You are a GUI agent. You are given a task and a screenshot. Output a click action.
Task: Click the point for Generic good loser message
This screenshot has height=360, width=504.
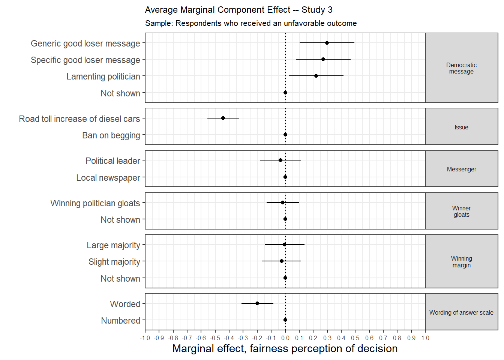click(x=327, y=43)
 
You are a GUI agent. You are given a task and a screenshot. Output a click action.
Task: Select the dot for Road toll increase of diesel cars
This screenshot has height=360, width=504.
click(x=223, y=118)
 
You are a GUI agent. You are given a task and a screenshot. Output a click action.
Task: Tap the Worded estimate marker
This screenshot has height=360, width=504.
click(x=257, y=303)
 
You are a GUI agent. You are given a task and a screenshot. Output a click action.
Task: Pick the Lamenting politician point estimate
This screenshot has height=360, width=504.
click(x=316, y=76)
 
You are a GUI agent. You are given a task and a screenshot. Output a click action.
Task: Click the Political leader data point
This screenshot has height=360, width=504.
click(x=280, y=160)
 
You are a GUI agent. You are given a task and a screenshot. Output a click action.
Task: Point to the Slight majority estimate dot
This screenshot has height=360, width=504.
click(x=282, y=261)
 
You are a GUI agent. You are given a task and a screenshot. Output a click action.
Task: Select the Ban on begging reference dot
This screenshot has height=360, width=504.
click(x=285, y=135)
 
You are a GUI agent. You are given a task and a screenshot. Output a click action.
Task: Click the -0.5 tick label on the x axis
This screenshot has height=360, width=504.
click(x=215, y=338)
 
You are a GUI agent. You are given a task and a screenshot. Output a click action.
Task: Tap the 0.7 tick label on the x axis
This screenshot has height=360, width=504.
click(x=383, y=338)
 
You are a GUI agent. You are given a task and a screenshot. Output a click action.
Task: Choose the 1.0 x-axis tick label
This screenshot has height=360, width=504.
click(x=425, y=338)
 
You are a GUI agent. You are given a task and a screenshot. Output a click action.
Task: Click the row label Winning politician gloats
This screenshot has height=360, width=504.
click(x=95, y=203)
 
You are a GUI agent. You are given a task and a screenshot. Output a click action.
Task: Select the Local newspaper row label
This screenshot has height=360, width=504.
click(x=108, y=178)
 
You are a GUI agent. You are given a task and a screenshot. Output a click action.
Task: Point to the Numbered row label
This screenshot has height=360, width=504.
click(x=121, y=320)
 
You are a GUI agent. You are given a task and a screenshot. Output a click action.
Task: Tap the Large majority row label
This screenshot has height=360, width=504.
click(x=114, y=245)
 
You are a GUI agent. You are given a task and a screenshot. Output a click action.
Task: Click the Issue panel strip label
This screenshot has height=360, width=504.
click(x=461, y=127)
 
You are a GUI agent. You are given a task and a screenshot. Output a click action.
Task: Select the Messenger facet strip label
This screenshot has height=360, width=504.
click(x=462, y=169)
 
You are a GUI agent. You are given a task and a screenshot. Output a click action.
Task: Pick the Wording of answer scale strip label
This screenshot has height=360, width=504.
click(x=461, y=312)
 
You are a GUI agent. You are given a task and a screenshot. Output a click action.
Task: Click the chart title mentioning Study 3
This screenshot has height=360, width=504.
click(x=239, y=10)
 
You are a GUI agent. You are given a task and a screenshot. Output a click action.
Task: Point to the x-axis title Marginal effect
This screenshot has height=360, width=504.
click(x=285, y=348)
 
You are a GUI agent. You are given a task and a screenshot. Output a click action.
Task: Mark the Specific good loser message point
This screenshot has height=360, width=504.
click(x=323, y=59)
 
